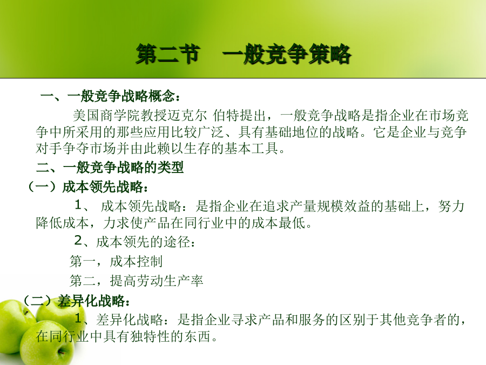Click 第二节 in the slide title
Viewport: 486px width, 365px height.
[168, 54]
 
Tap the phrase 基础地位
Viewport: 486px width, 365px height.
[292, 132]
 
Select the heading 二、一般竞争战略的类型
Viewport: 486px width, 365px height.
[110, 168]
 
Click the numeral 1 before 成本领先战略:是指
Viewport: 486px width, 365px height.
[78, 205]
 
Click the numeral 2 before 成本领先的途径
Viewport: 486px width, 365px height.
[78, 241]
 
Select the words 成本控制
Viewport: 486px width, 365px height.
[136, 261]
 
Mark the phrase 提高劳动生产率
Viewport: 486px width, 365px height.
[157, 281]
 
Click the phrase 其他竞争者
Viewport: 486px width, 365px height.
[413, 320]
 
